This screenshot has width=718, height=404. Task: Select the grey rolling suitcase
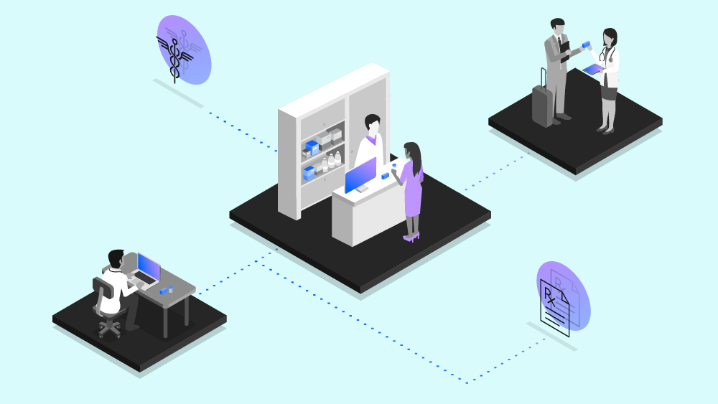click(x=543, y=106)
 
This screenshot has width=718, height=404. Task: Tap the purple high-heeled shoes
click(x=411, y=236)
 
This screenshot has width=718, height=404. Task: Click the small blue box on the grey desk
click(x=167, y=291)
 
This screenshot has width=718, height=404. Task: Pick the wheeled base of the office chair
click(x=110, y=327)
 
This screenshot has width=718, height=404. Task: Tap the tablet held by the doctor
click(x=593, y=70)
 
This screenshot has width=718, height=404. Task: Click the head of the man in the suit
click(x=558, y=27)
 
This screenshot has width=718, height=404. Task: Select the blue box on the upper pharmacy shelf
click(x=312, y=146)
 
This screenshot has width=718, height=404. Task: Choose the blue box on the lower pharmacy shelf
click(x=309, y=173)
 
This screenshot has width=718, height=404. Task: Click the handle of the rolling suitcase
click(x=544, y=77)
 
